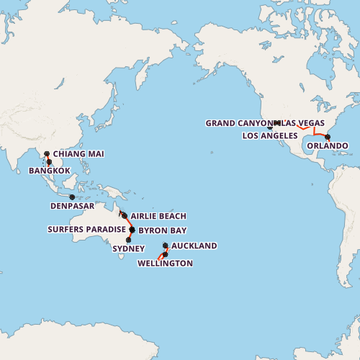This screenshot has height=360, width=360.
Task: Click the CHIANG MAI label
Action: pyautogui.click(x=78, y=154)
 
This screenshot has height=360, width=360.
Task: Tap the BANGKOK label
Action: pyautogui.click(x=50, y=171)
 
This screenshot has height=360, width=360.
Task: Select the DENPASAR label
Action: pyautogui.click(x=72, y=205)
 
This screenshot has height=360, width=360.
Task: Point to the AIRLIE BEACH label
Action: pyautogui.click(x=158, y=216)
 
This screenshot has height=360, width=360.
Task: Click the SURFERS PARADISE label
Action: pyautogui.click(x=86, y=230)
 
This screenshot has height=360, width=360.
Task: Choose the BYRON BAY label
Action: pyautogui.click(x=162, y=230)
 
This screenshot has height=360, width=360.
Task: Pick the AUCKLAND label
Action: pyautogui.click(x=194, y=246)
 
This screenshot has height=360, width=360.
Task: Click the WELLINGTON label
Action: pyautogui.click(x=165, y=264)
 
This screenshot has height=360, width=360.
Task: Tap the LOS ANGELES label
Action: pyautogui.click(x=270, y=135)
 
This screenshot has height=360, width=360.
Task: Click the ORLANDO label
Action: pyautogui.click(x=328, y=146)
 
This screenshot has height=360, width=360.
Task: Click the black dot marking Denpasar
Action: pyautogui.click(x=72, y=197)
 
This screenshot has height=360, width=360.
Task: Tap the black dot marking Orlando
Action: pyautogui.click(x=328, y=137)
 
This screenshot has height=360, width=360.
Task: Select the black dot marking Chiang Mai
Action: pyautogui.click(x=47, y=153)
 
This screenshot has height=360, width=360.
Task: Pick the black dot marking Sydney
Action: pyautogui.click(x=128, y=240)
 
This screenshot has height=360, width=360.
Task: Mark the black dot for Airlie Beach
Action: pyautogui.click(x=125, y=216)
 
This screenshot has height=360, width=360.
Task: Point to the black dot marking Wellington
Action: pyautogui.click(x=165, y=255)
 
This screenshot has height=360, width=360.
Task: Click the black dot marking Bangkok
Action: pyautogui.click(x=49, y=162)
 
